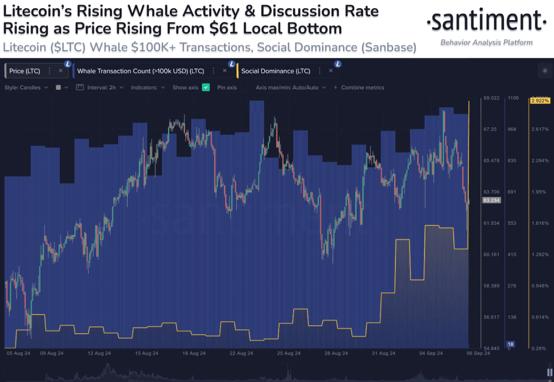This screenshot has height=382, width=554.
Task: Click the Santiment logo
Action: [486, 21]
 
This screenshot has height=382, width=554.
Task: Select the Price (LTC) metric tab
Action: [25, 71]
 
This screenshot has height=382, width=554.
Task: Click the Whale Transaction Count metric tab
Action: [140, 71]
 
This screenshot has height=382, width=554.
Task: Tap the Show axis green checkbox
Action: [206, 88]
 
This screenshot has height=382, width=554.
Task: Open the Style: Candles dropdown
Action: [26, 88]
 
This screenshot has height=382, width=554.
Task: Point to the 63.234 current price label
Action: [491, 201]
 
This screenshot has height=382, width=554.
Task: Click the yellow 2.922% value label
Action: [540, 101]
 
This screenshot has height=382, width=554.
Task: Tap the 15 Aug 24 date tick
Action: [147, 353]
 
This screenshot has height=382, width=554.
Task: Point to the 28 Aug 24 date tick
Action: [336, 353]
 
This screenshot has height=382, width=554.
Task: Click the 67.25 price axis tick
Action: [490, 130]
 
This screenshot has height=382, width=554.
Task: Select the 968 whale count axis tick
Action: [512, 130]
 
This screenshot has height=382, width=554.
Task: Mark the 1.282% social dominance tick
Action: [540, 255]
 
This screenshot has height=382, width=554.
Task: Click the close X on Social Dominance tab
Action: [331, 71]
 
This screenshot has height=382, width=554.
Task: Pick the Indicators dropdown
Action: [148, 88]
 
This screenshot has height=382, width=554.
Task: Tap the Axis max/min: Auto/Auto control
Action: [291, 88]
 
